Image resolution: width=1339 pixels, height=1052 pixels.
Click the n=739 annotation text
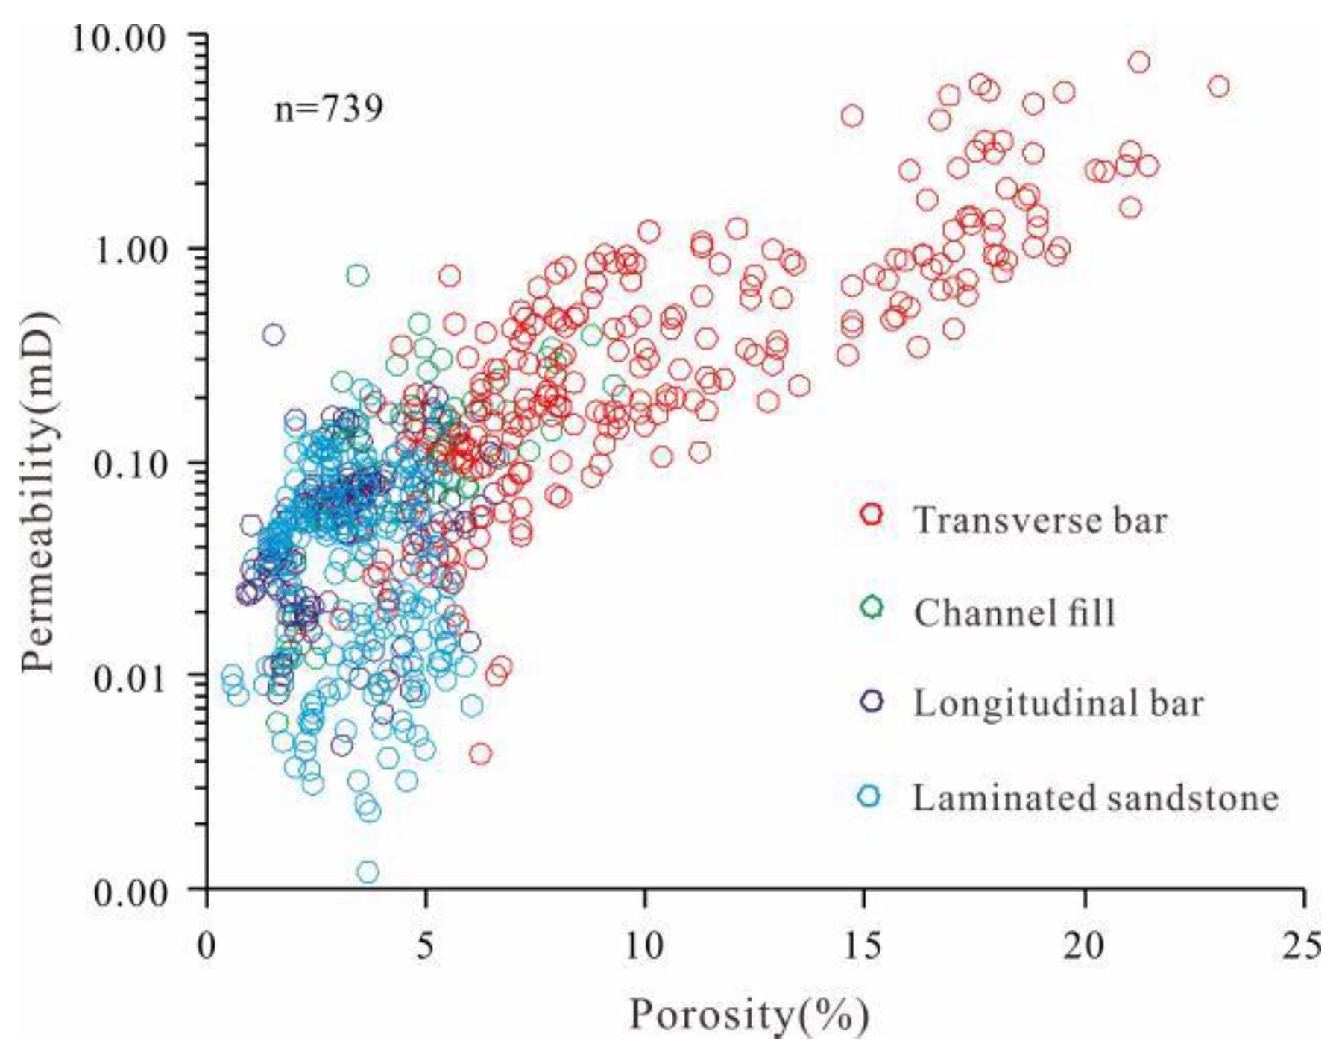329,109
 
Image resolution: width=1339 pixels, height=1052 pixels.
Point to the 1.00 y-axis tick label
128,250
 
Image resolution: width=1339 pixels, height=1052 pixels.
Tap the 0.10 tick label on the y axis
128,464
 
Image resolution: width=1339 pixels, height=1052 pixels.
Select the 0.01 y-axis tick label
128,678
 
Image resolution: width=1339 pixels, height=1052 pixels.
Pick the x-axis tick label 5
425,945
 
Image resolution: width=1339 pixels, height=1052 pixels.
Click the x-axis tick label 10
643,945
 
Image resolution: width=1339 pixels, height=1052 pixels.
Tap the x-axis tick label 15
863,945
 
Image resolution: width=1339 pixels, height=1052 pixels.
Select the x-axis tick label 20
1083,945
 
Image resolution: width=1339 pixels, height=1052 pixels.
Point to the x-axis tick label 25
1302,945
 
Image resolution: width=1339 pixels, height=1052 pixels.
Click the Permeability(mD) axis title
37,492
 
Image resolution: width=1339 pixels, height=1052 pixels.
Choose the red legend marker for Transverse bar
871,514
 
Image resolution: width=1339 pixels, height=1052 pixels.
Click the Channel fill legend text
1014,613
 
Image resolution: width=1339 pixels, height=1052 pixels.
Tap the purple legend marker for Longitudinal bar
871,701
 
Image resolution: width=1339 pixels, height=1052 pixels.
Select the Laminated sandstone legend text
1095,798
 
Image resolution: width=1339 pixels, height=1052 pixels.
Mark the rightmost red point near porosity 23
1218,86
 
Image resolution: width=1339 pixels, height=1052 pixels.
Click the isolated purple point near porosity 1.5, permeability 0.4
273,335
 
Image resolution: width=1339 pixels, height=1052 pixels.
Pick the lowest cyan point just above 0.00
367,871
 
